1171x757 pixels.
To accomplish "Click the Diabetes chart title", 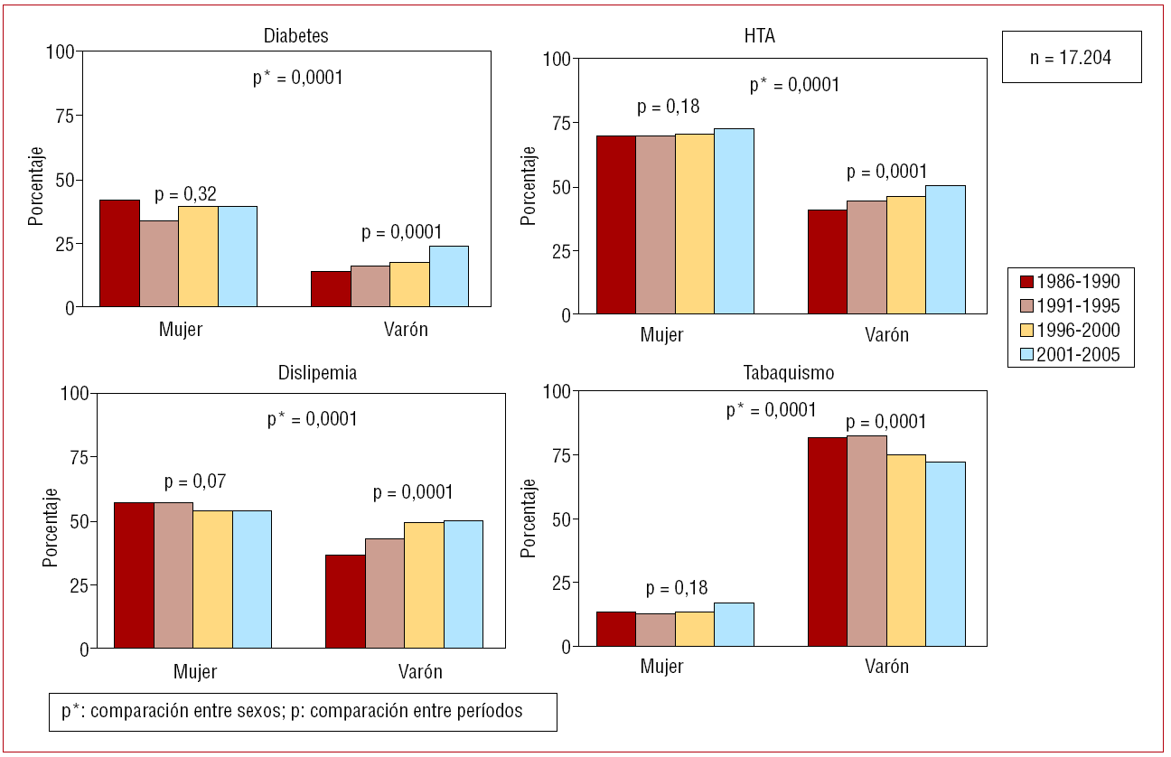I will click(x=295, y=37).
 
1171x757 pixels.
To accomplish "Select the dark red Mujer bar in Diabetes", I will click(x=119, y=254).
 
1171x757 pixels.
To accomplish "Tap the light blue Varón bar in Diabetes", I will click(x=448, y=276).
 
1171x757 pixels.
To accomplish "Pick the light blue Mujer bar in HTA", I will click(x=734, y=221).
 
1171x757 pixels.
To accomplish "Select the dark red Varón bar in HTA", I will click(x=827, y=262).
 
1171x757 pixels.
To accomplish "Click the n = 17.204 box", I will click(x=1071, y=57).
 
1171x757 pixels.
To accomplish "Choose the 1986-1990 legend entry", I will click(x=1070, y=281).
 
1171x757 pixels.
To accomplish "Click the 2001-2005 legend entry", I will click(x=1070, y=355).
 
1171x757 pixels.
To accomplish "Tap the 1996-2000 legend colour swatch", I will click(x=1026, y=331).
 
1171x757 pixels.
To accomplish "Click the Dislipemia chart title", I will click(x=311, y=372).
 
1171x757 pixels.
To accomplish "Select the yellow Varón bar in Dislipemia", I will click(x=424, y=585).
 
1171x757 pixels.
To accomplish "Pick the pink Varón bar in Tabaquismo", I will click(x=867, y=541).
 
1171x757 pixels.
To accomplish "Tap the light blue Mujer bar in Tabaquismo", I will click(x=734, y=624).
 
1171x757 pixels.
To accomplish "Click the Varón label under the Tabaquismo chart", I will click(x=886, y=668).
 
